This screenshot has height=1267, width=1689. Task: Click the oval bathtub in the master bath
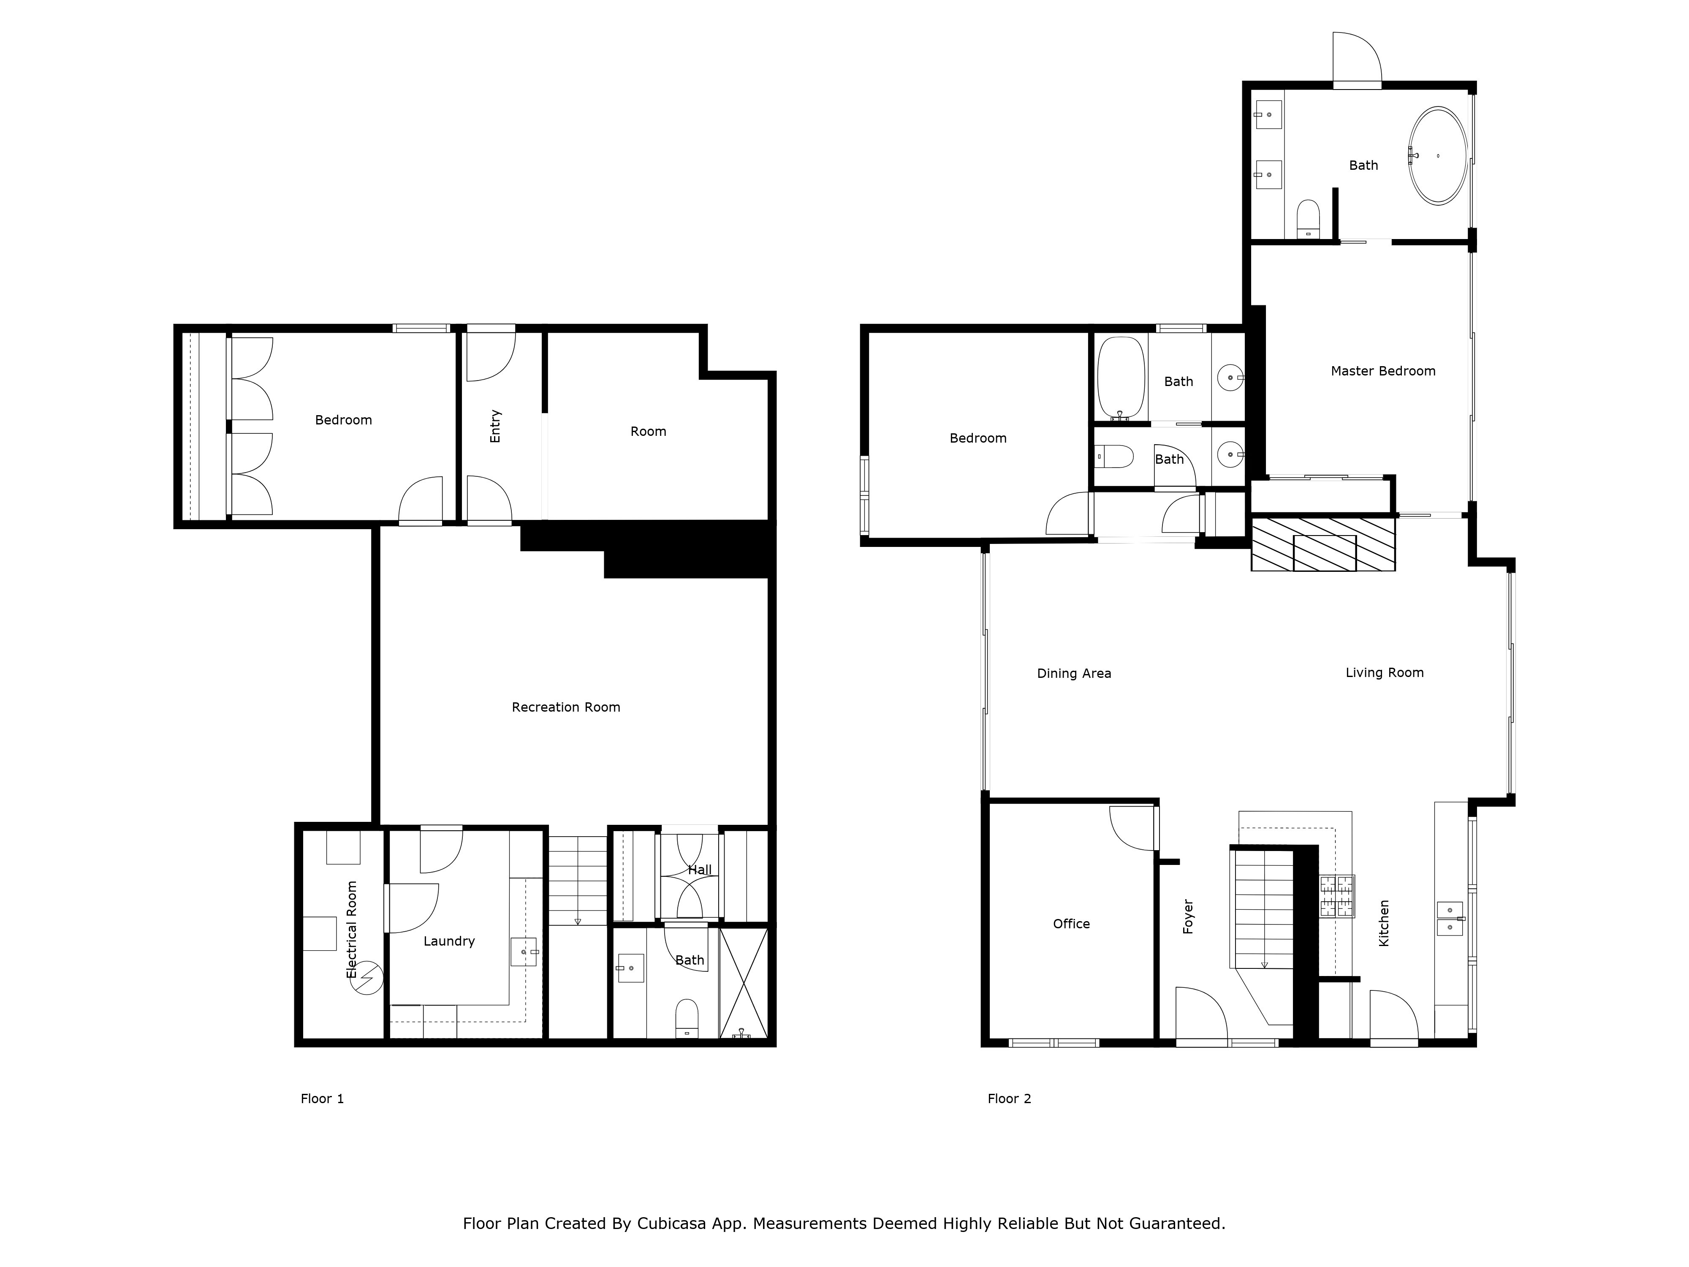1438,156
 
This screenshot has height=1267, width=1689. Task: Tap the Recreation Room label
566,707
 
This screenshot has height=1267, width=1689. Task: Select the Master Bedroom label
1383,371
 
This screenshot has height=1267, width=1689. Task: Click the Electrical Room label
352,930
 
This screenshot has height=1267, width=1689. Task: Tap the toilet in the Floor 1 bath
687,1019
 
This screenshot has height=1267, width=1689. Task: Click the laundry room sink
524,952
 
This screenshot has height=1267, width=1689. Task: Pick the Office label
1071,924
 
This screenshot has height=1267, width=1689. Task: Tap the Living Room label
1384,673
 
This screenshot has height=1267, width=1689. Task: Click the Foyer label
1188,916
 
